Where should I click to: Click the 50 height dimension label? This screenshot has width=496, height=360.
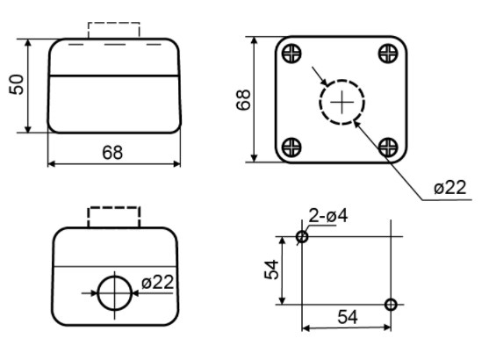(17, 84)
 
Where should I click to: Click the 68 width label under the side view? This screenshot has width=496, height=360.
(112, 152)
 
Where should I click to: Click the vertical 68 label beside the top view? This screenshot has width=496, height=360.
(243, 100)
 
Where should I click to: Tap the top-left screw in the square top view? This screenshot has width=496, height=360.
(291, 54)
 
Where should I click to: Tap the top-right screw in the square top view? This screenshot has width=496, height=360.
(388, 54)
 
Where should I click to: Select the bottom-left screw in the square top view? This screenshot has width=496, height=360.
(291, 148)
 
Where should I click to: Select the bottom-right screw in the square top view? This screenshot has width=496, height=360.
(388, 148)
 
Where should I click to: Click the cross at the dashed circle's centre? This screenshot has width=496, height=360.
(342, 102)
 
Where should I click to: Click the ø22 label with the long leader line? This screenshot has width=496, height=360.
(450, 187)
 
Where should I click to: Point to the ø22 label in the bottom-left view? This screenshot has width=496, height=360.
(157, 282)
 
